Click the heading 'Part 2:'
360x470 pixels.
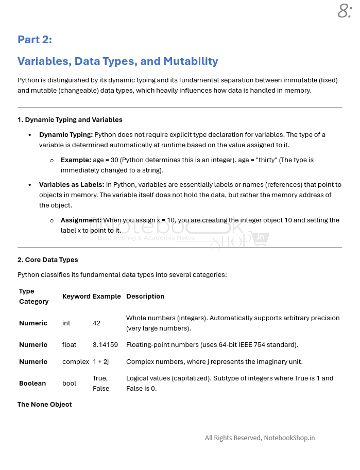coord(35,40)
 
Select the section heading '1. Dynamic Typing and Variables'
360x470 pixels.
coord(70,120)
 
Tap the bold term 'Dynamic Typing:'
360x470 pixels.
coord(66,135)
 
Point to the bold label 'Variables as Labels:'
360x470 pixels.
coord(72,185)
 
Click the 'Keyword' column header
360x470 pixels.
coord(76,297)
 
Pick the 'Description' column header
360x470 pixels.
coord(145,297)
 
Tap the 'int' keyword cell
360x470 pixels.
coord(67,323)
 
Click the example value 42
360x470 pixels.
coord(97,323)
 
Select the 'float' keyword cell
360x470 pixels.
coord(69,345)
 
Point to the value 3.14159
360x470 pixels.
coord(105,345)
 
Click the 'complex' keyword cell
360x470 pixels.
coord(76,362)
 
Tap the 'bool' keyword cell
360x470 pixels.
coord(69,384)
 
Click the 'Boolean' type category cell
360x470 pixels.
coord(32,384)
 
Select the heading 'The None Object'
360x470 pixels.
coord(45,405)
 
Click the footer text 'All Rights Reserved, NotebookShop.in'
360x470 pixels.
coord(260,438)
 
